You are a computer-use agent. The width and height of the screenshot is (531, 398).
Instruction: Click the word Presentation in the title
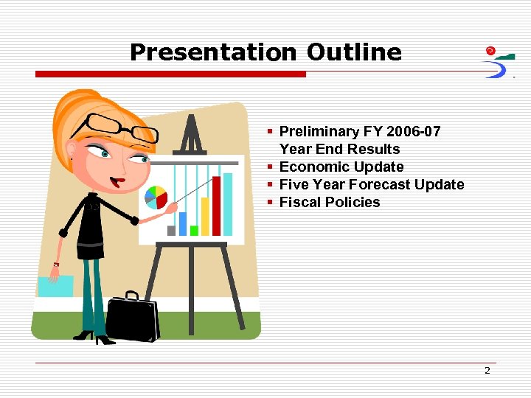point(212,52)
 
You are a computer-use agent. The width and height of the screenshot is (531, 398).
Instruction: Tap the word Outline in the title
point(354,52)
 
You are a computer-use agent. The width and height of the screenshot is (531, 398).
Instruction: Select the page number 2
point(487,371)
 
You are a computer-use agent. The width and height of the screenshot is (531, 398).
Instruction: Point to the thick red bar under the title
point(170,74)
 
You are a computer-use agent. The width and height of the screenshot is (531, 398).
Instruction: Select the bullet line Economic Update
point(341,167)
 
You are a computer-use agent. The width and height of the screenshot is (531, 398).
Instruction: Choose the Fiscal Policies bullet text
point(330,203)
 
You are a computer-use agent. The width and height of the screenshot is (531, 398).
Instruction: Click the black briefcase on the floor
point(133,318)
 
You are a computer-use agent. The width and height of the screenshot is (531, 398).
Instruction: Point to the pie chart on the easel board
point(156,197)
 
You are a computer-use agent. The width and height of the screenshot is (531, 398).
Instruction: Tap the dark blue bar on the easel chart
point(183,223)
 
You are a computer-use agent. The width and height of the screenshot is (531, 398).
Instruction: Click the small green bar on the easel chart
point(194,230)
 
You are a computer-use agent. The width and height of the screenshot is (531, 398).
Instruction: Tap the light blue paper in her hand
point(56,286)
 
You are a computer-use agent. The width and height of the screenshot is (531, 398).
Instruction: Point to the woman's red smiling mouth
point(117,181)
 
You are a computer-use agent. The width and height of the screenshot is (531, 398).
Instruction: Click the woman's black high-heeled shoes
point(94,337)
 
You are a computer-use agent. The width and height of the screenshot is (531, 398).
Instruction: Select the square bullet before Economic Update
point(271,167)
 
